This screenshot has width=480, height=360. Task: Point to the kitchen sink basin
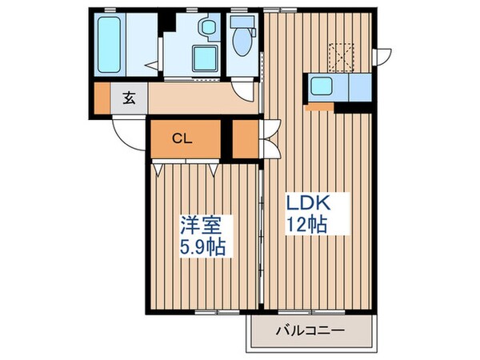pos(325,86)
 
